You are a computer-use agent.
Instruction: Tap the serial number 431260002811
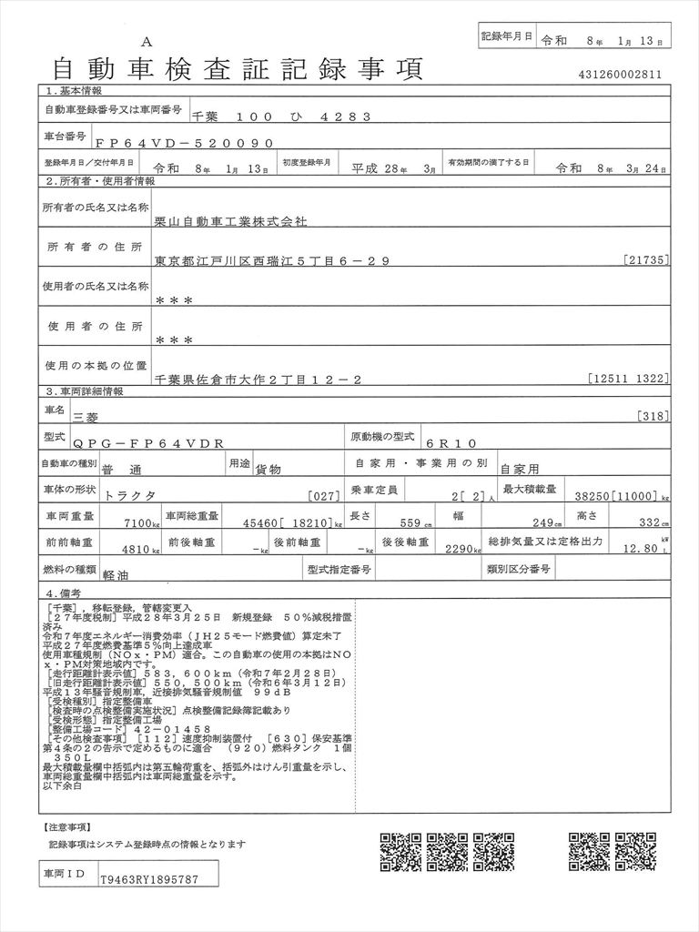pyautogui.click(x=620, y=75)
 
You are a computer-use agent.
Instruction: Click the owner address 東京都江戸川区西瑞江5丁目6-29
pyautogui.click(x=272, y=261)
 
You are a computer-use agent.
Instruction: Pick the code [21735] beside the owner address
pyautogui.click(x=648, y=261)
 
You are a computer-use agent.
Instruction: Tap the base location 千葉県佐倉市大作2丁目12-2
pyautogui.click(x=258, y=380)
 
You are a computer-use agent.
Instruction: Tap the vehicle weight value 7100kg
pyautogui.click(x=141, y=523)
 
